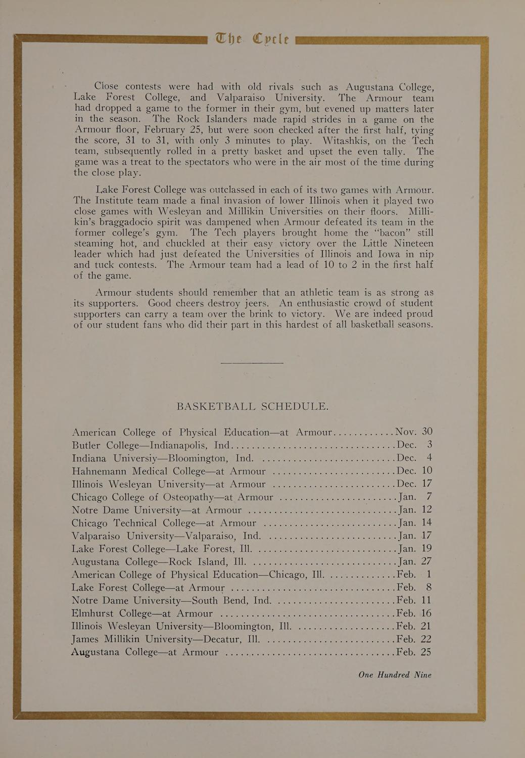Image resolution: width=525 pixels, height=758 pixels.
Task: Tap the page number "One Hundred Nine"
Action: tap(395, 675)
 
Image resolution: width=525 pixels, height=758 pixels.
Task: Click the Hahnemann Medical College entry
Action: tap(169, 471)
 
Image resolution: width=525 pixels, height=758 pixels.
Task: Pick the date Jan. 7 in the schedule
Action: tap(415, 497)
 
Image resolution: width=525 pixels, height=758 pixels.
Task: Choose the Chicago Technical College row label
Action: tap(164, 523)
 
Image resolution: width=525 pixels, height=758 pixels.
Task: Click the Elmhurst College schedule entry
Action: tap(142, 613)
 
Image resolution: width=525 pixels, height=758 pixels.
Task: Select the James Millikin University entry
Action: tap(165, 639)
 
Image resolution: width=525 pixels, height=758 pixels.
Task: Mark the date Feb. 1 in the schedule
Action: tap(414, 575)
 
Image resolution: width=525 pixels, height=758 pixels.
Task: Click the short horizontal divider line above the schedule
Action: tap(252, 363)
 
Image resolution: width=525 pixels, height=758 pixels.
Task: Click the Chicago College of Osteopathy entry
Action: tap(172, 497)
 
